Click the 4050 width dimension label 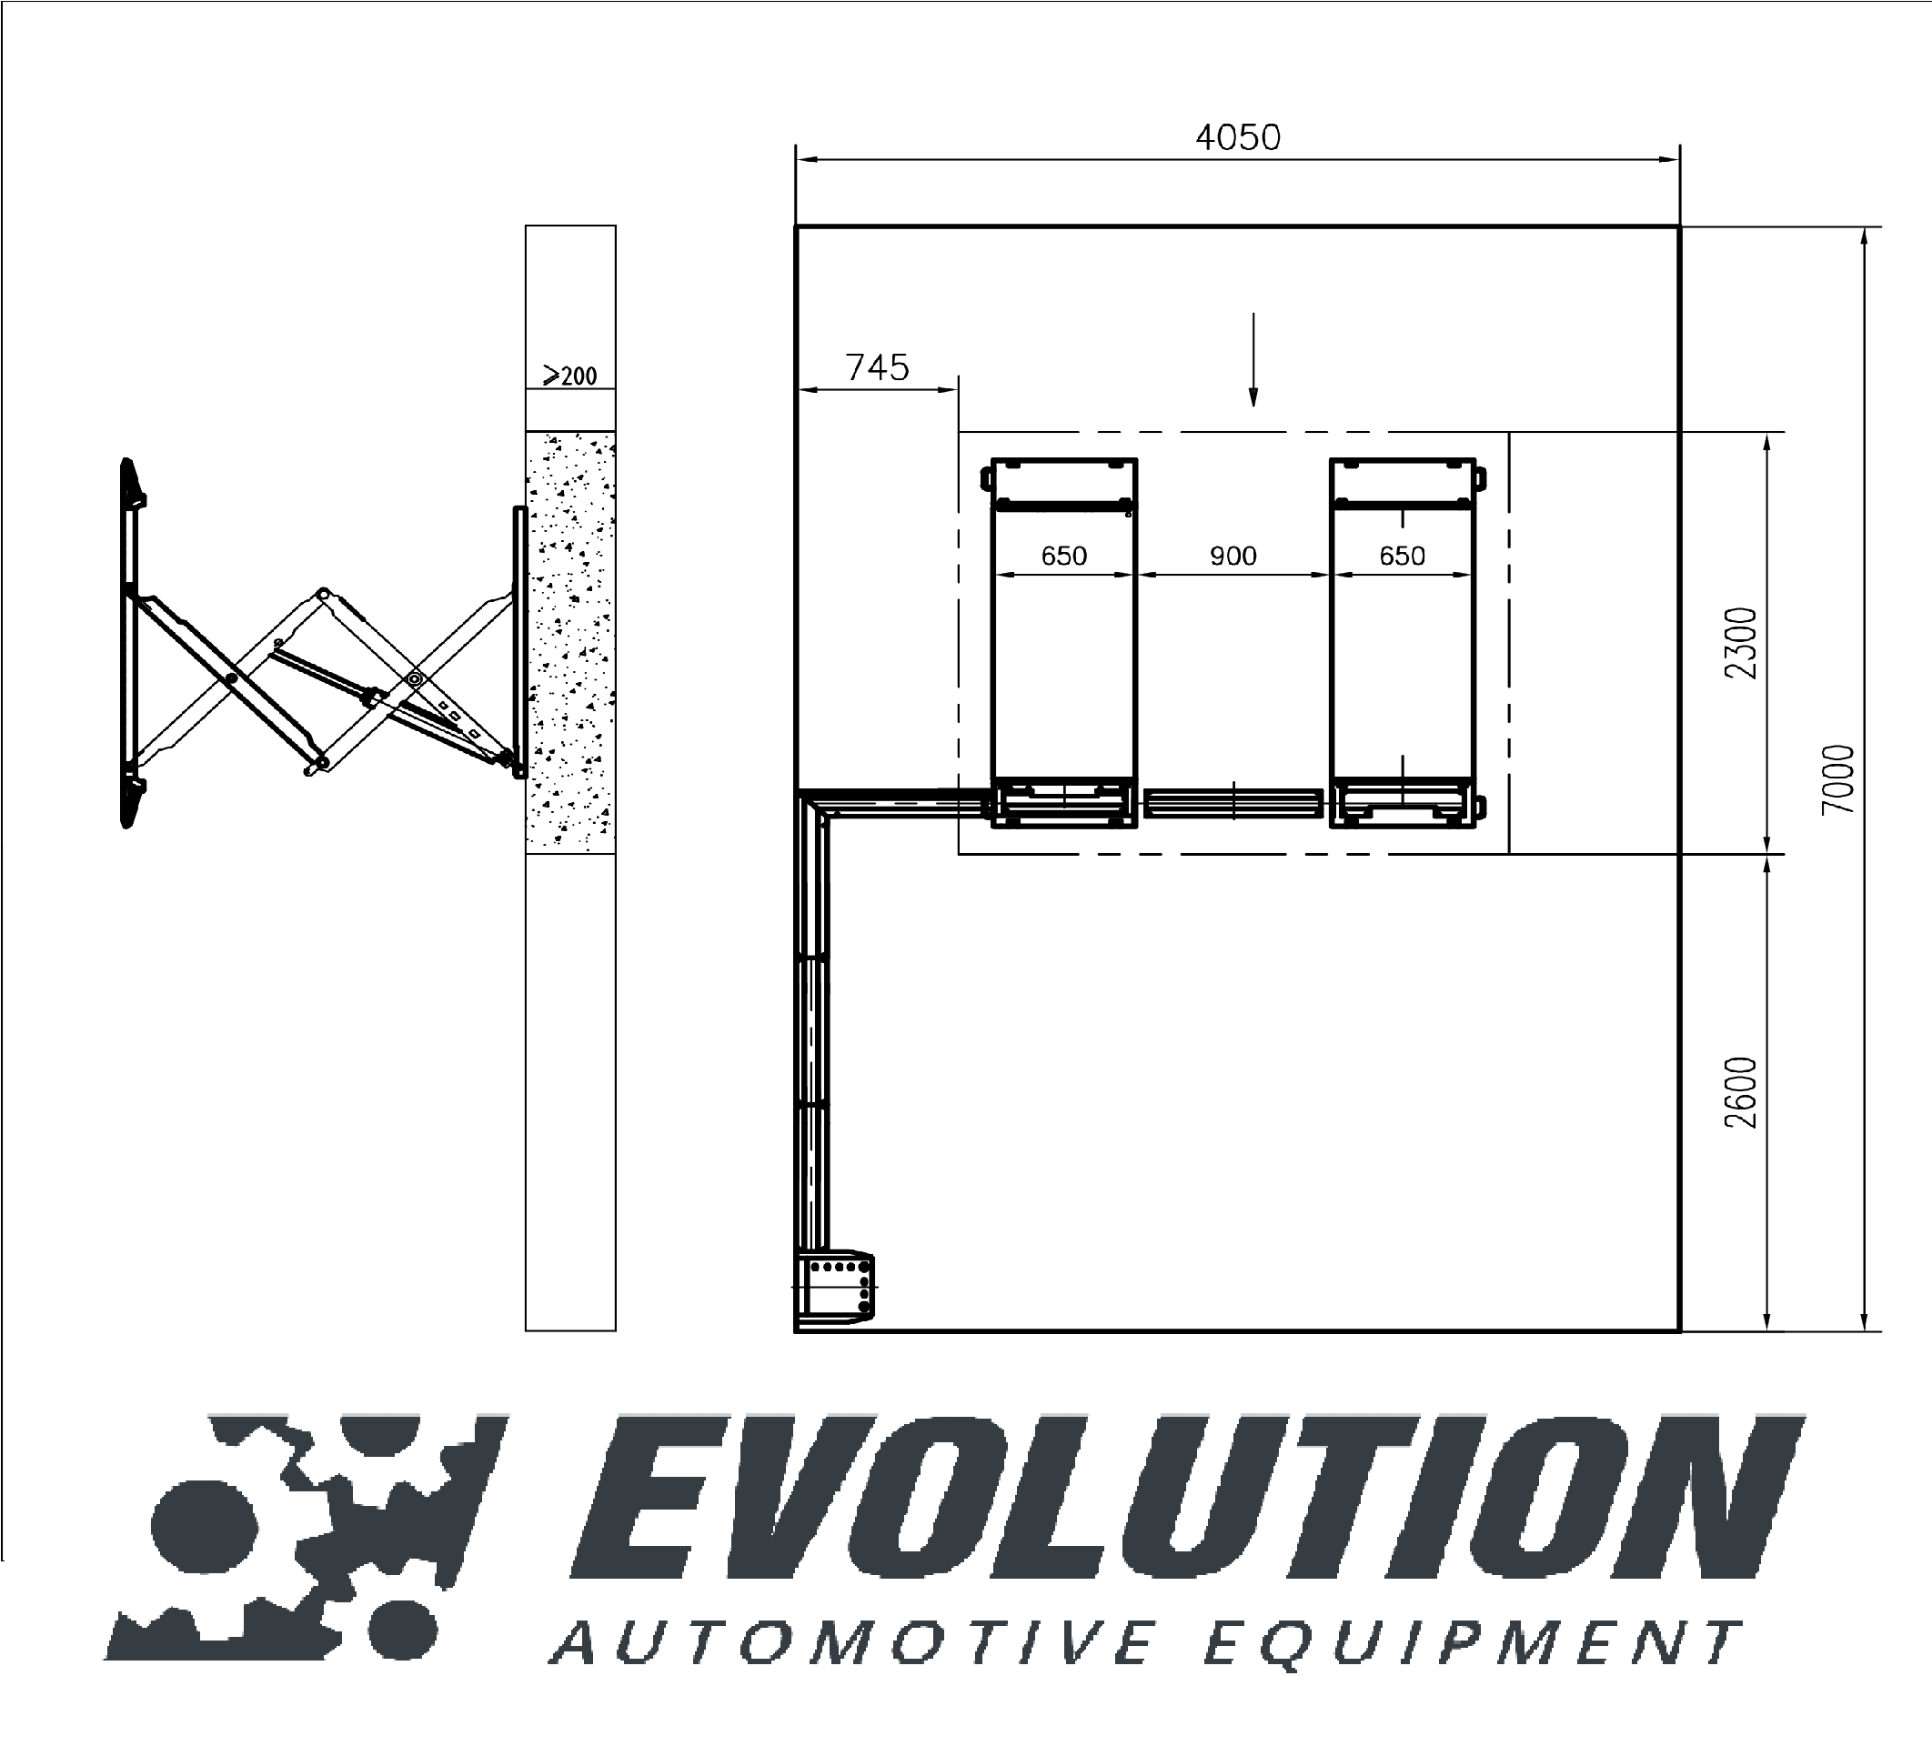click(1237, 138)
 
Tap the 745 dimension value click(877, 367)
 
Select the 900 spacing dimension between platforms click(1233, 556)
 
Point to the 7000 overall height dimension click(1837, 779)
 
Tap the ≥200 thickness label click(569, 375)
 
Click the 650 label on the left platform click(1063, 556)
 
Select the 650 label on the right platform click(1402, 556)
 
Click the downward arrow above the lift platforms click(1253, 359)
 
